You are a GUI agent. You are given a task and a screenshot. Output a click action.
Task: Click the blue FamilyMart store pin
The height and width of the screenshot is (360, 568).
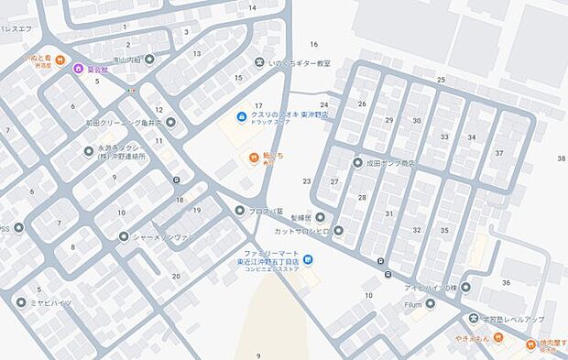pos(309,260)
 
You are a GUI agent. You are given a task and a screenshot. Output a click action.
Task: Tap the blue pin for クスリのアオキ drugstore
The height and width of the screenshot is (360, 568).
pos(240,116)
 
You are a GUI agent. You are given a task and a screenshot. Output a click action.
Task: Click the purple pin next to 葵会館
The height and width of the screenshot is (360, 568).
pos(78,69)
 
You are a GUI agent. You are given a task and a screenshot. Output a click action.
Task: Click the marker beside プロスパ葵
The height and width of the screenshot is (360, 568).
pos(240,211)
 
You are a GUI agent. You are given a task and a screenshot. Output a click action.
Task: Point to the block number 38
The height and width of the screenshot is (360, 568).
pos(561,158)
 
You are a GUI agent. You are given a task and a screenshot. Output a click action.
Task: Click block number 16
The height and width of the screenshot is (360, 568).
pos(313,44)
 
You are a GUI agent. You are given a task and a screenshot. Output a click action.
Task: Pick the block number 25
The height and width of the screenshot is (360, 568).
pos(441,81)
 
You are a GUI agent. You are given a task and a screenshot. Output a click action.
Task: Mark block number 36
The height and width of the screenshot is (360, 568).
pos(506,282)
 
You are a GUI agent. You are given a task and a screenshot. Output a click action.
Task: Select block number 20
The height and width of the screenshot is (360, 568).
pos(176,276)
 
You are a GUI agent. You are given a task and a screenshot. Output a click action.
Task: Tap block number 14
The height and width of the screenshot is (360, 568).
pos(252,8)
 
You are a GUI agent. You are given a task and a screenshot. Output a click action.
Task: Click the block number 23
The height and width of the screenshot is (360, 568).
pos(307,181)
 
